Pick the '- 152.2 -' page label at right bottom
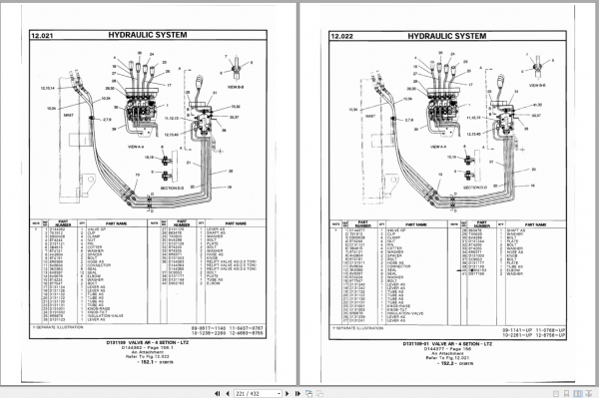[446, 366]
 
